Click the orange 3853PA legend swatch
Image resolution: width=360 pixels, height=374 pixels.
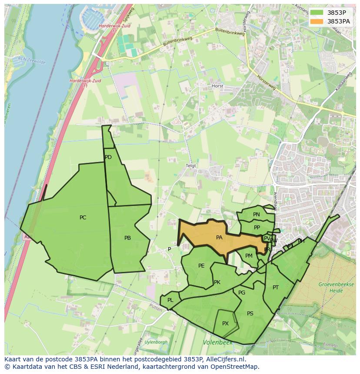317,21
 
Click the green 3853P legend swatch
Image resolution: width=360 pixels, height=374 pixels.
317,12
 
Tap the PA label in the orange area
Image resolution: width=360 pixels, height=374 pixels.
219,238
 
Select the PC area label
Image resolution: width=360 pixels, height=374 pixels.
83,218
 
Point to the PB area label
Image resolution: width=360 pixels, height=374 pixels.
127,238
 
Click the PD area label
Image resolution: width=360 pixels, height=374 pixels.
108,157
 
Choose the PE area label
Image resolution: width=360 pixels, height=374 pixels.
201,266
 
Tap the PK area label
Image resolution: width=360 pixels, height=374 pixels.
217,282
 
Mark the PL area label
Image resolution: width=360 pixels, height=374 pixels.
170,300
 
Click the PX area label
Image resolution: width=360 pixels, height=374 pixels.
225,324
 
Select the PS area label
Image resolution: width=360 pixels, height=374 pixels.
250,314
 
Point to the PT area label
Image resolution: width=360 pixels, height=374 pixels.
276,288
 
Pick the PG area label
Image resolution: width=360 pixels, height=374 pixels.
242,293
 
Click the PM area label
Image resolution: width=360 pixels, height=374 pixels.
249,256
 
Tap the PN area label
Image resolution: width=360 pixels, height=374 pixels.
257,215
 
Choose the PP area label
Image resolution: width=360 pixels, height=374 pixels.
257,228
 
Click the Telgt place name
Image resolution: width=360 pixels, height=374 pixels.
191,166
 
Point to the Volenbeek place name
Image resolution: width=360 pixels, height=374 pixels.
217,343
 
